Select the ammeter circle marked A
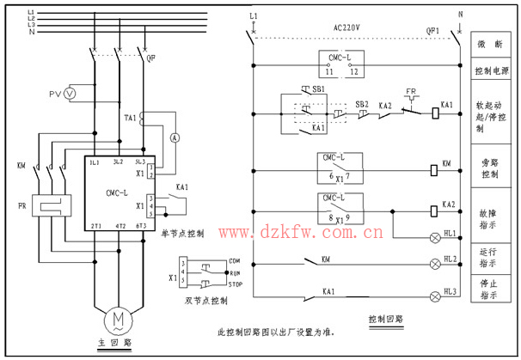(174, 137)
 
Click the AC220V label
(346, 27)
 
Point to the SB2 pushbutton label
(362, 104)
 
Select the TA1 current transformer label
(130, 118)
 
